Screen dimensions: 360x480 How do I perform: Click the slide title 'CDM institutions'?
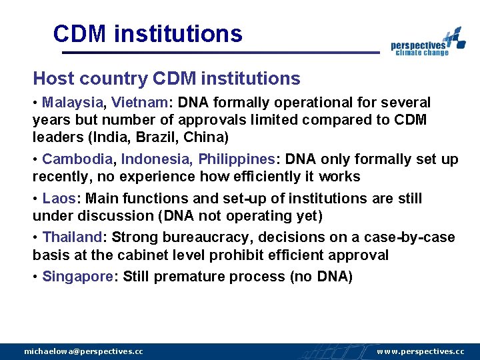pyautogui.click(x=147, y=33)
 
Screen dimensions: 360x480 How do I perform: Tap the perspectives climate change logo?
pyautogui.click(x=427, y=43)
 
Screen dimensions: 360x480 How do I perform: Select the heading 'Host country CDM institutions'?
pyautogui.click(x=167, y=79)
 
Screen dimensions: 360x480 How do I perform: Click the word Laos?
pyautogui.click(x=58, y=199)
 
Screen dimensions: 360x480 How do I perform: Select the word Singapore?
pyautogui.click(x=78, y=277)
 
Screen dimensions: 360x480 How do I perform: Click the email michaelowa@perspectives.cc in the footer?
pyautogui.click(x=83, y=351)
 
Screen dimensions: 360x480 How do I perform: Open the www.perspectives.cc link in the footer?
pyautogui.click(x=421, y=351)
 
